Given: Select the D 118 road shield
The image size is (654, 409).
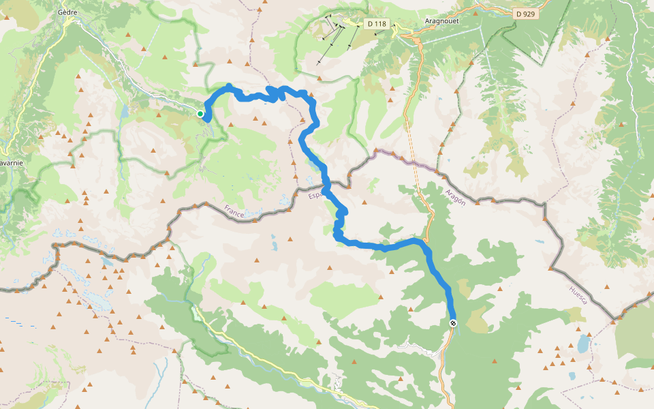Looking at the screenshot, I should coord(376,24).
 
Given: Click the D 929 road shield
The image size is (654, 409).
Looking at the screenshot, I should coord(525,14).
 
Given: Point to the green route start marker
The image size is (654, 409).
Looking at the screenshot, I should coord(200,114).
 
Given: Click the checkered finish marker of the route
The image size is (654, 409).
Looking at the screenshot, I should coord(453,322).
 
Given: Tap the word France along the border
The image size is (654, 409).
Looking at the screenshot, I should coord(234,211).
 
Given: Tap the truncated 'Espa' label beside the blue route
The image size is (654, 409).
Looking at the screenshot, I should coord(315,196).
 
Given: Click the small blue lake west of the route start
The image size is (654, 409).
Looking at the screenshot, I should coord(125,111).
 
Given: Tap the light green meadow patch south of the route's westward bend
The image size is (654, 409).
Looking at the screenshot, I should coord(344,293).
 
